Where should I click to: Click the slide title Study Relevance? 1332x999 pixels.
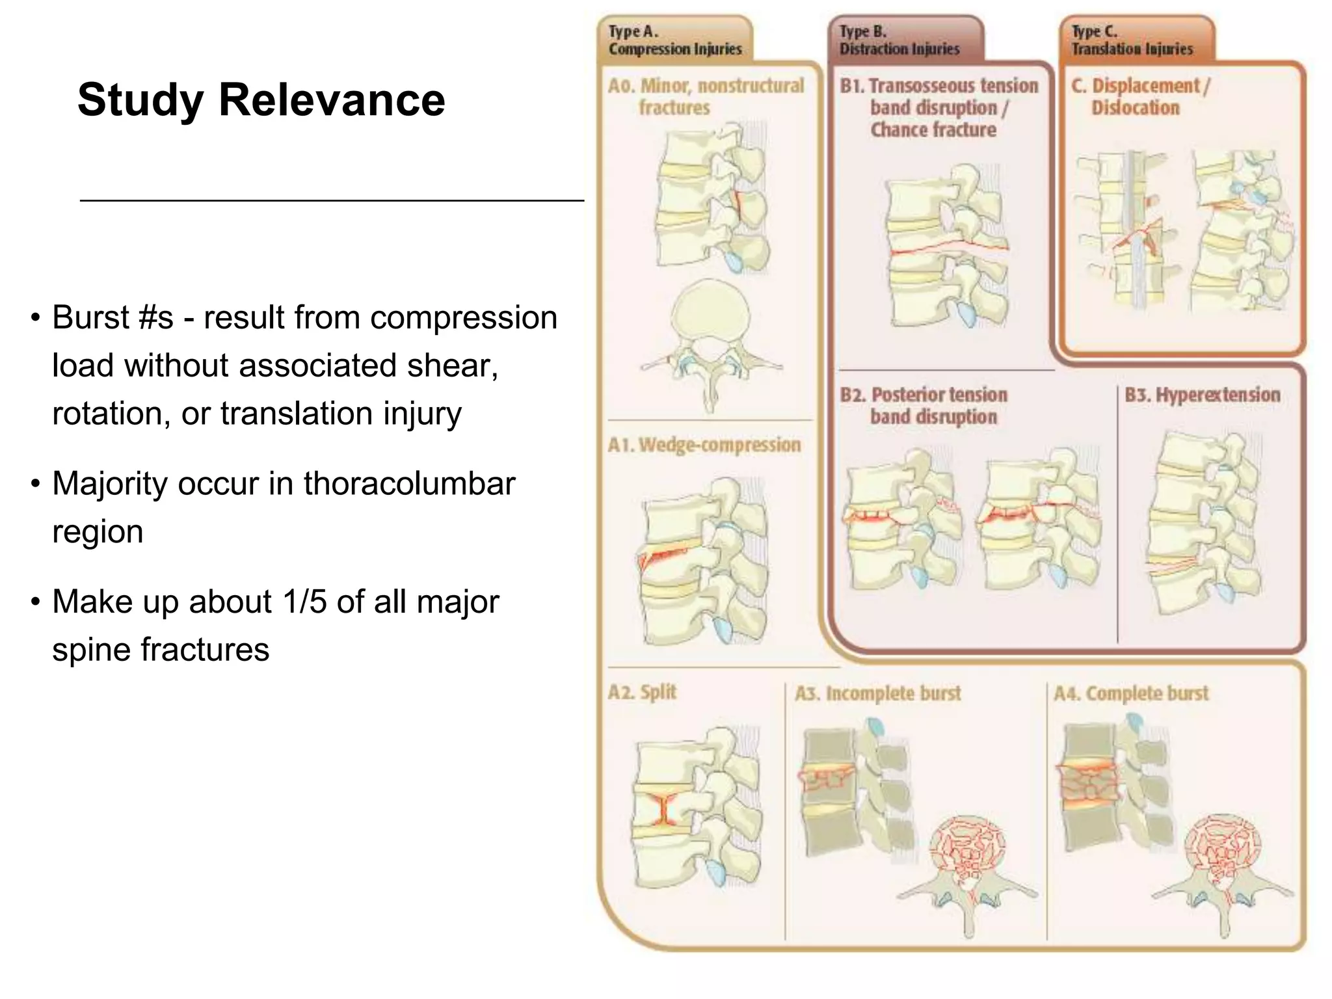261,100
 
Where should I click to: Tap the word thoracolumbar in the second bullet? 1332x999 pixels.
409,484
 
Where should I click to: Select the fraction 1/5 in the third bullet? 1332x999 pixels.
304,602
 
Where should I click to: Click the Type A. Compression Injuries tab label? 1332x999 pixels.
674,40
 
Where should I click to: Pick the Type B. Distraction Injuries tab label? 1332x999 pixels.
899,40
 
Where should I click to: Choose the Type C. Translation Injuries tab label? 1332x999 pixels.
1132,40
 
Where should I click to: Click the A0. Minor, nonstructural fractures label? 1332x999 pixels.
706,96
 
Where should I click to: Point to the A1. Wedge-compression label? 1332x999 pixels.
704,445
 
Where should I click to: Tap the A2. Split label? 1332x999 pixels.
642,692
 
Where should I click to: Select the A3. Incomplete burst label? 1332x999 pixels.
877,693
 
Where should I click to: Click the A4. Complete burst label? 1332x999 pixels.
1131,693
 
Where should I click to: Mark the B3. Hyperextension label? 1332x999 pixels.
1202,395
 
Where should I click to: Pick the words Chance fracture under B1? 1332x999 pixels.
933,130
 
